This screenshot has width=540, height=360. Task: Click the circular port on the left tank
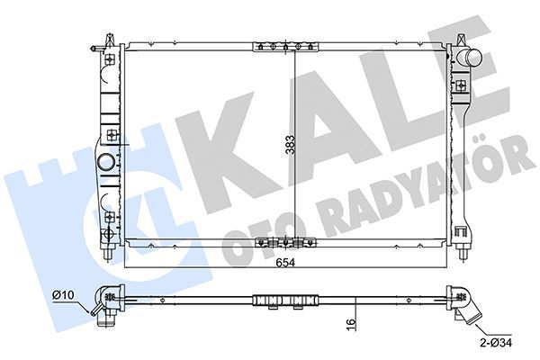pyautogui.click(x=107, y=163)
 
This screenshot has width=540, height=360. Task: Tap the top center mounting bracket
pyautogui.click(x=284, y=46)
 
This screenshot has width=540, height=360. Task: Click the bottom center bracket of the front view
pyautogui.click(x=284, y=241)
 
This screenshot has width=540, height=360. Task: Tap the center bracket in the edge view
pyautogui.click(x=284, y=300)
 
